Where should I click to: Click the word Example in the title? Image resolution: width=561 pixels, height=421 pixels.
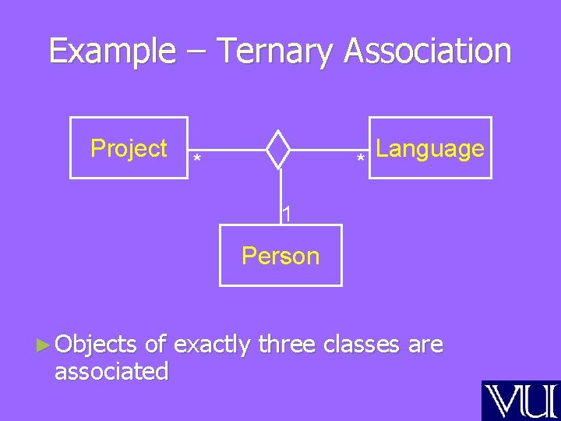(x=111, y=51)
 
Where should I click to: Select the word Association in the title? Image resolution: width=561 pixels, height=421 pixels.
(x=428, y=51)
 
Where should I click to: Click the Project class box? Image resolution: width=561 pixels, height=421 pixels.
(x=129, y=148)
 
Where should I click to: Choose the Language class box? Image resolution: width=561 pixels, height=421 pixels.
(x=430, y=148)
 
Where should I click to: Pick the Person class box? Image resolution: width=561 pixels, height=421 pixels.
(x=280, y=255)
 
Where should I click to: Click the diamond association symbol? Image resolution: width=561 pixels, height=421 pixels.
(x=278, y=149)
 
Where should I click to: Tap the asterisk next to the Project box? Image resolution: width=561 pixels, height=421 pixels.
(x=197, y=160)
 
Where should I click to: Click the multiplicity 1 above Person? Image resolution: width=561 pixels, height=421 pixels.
(x=287, y=212)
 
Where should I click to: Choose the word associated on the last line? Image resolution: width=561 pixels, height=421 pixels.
(x=111, y=371)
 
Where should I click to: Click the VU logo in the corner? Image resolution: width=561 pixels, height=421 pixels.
(x=520, y=401)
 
